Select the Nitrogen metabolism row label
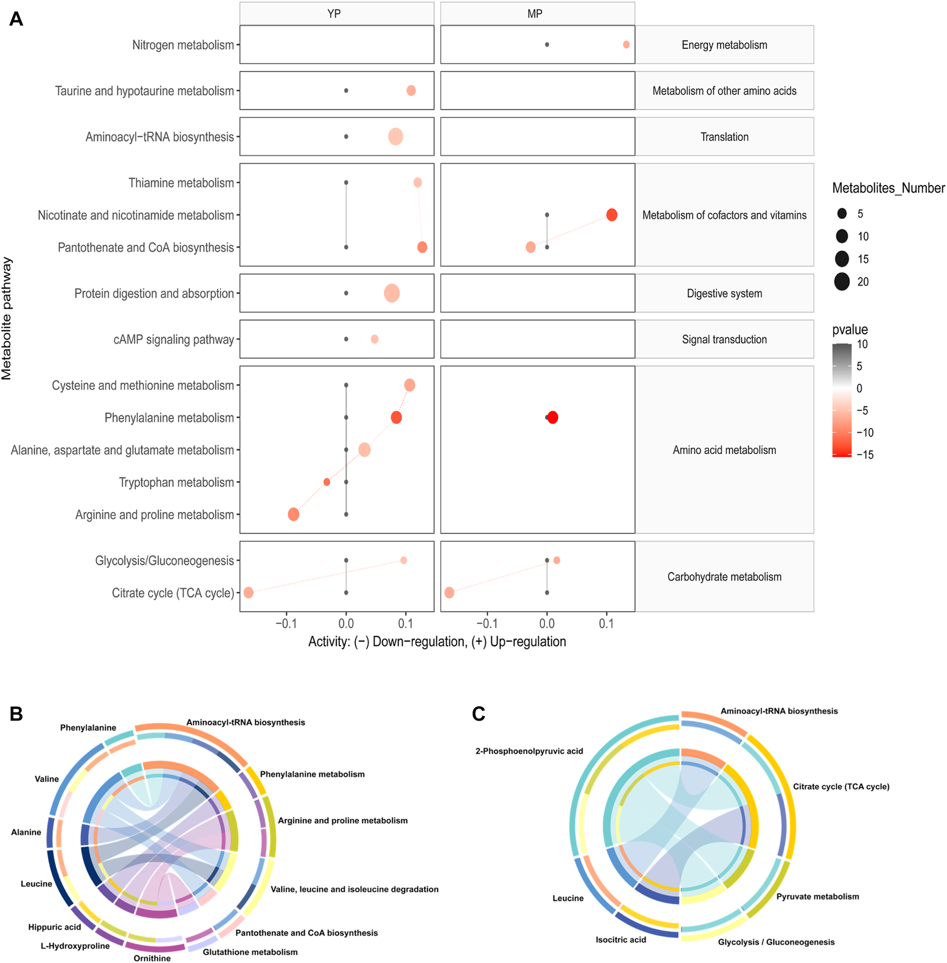point(183,45)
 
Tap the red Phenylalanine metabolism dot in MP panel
point(553,417)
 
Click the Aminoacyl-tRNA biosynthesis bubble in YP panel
point(395,137)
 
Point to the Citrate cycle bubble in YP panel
point(249,592)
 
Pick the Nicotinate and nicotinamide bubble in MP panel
point(612,215)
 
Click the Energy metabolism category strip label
point(724,45)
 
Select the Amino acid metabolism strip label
point(724,450)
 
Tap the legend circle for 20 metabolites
point(842,281)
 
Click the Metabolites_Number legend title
point(888,188)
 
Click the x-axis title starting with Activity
point(437,641)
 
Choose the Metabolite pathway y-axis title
point(7,318)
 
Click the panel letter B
point(16,714)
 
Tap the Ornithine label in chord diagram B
point(152,958)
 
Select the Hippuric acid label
point(55,927)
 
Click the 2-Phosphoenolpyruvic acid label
point(529,751)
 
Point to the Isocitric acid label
point(620,939)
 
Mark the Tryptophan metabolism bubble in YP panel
point(327,482)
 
